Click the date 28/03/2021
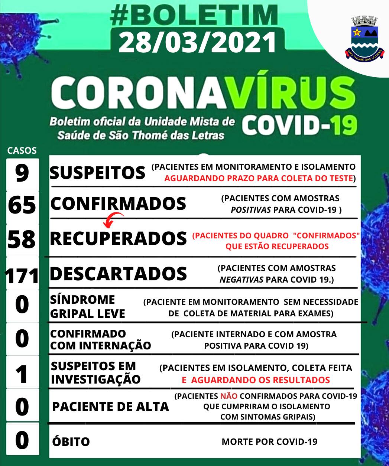pyautogui.click(x=198, y=42)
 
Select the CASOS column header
pyautogui.click(x=22, y=150)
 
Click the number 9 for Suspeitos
pyautogui.click(x=22, y=173)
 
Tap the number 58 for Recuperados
pyautogui.click(x=22, y=239)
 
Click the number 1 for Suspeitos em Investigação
pyautogui.click(x=22, y=374)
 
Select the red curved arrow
pyautogui.click(x=113, y=219)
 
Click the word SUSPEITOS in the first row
pyautogui.click(x=97, y=173)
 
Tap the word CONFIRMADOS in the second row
pyautogui.click(x=118, y=203)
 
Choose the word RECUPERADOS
pyautogui.click(x=118, y=238)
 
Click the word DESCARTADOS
pyautogui.click(x=118, y=274)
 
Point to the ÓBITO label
pyautogui.click(x=70, y=442)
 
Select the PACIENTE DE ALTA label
pyautogui.click(x=110, y=407)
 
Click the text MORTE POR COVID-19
pyautogui.click(x=269, y=442)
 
